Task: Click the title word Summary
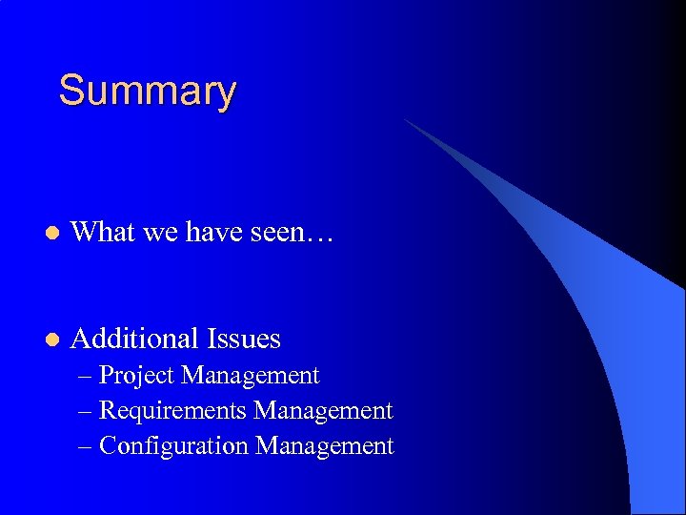click(147, 92)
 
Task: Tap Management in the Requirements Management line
click(324, 411)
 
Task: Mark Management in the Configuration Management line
click(325, 446)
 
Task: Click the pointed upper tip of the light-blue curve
click(407, 120)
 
